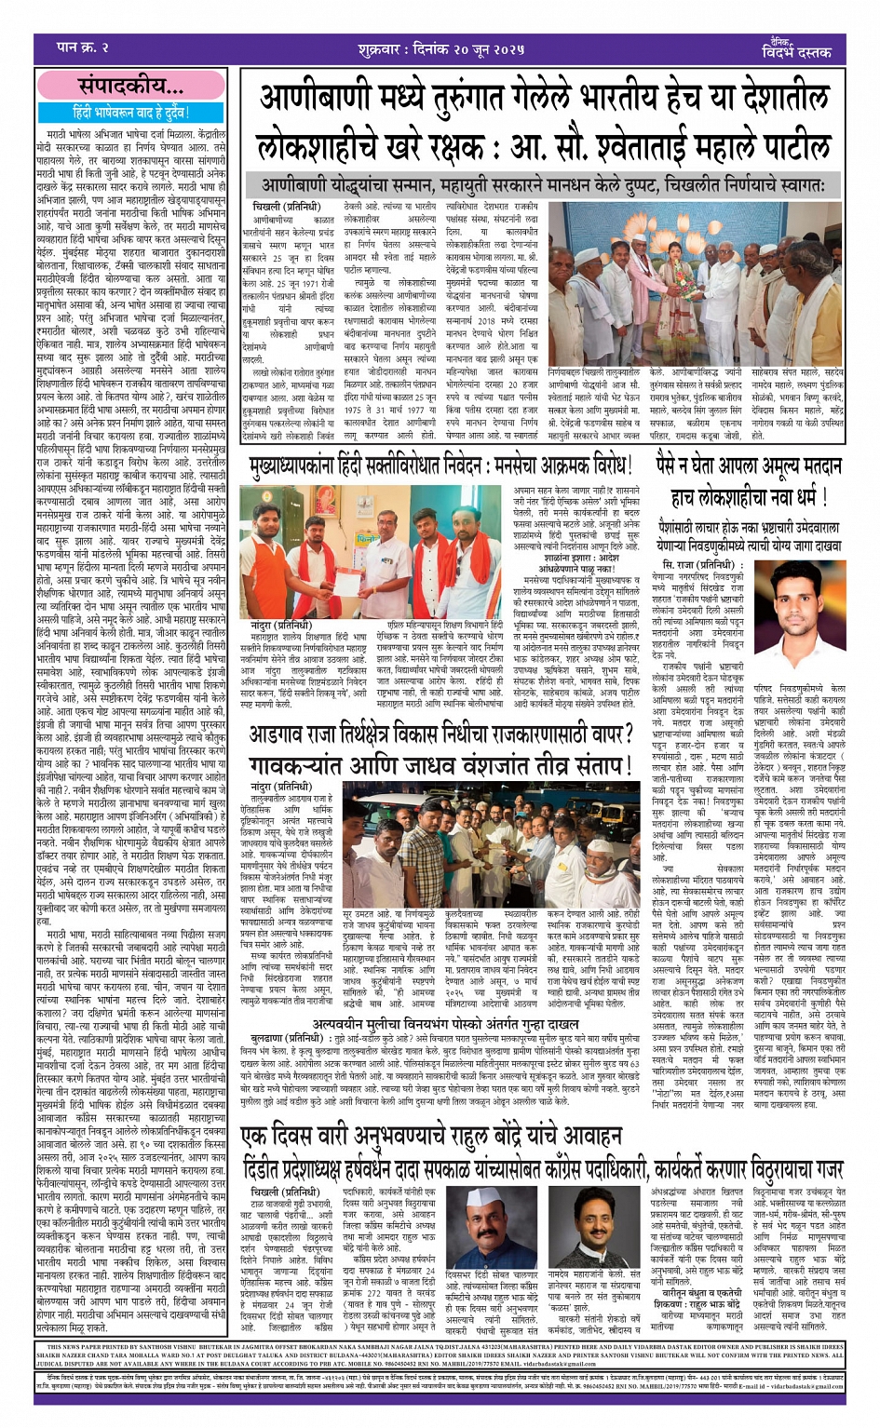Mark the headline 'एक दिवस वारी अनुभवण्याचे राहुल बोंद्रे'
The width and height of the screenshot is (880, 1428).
(x=432, y=1136)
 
